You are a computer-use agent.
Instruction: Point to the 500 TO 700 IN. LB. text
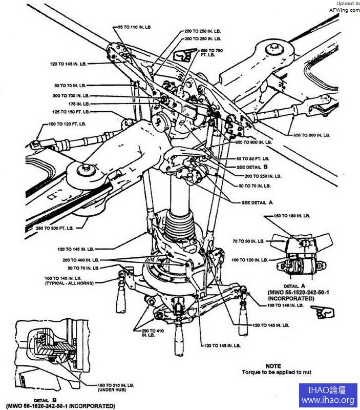pyautogui.click(x=71, y=96)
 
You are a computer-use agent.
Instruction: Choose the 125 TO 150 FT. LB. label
pyautogui.click(x=71, y=111)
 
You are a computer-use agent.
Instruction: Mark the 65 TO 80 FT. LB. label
pyautogui.click(x=253, y=159)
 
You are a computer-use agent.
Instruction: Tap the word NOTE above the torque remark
pyautogui.click(x=273, y=366)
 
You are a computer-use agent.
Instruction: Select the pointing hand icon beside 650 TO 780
pyautogui.click(x=182, y=54)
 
